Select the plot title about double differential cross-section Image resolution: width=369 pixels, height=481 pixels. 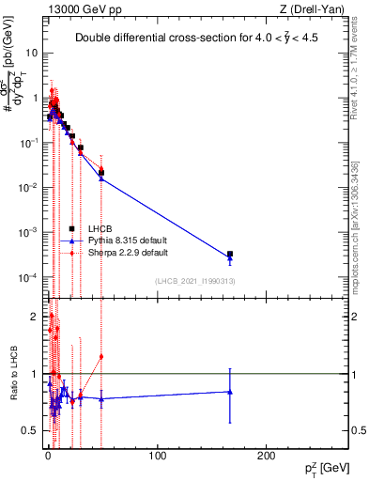(194, 39)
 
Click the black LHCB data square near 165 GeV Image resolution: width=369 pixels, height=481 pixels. (230, 254)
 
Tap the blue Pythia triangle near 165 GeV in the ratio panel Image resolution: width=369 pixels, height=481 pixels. (230, 392)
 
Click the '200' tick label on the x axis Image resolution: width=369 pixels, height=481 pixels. (268, 455)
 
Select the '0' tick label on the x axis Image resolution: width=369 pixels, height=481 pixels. (48, 455)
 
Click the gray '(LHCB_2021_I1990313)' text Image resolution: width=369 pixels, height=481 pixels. (196, 281)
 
